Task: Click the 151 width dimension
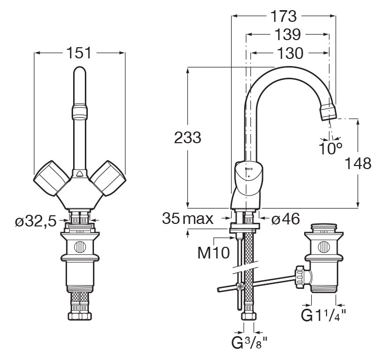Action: pyautogui.click(x=80, y=52)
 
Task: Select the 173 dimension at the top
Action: pyautogui.click(x=283, y=16)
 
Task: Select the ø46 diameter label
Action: pyautogui.click(x=285, y=219)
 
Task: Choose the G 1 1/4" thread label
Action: pyautogui.click(x=324, y=316)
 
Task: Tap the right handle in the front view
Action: pyautogui.click(x=107, y=177)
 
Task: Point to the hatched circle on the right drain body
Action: pyautogui.click(x=323, y=247)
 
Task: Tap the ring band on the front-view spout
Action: pyautogui.click(x=80, y=110)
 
